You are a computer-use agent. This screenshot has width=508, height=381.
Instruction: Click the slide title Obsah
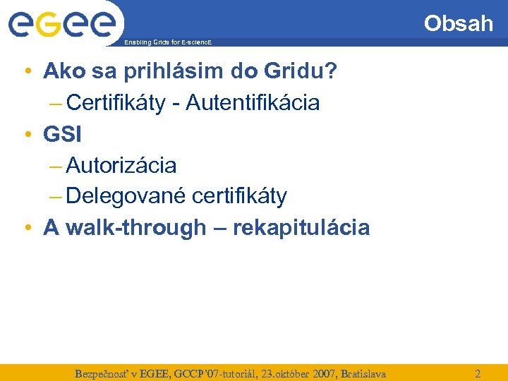click(x=458, y=23)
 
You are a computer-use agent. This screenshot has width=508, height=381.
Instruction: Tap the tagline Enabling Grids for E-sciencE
click(x=167, y=43)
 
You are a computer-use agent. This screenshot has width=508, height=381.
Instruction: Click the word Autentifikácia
click(x=258, y=103)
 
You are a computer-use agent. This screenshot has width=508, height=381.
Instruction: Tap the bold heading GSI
click(x=63, y=134)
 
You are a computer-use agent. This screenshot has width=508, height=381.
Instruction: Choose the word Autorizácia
click(x=121, y=166)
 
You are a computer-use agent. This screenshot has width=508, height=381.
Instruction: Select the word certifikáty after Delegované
click(x=239, y=196)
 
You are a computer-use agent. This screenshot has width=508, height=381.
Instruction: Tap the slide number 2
click(x=478, y=373)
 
